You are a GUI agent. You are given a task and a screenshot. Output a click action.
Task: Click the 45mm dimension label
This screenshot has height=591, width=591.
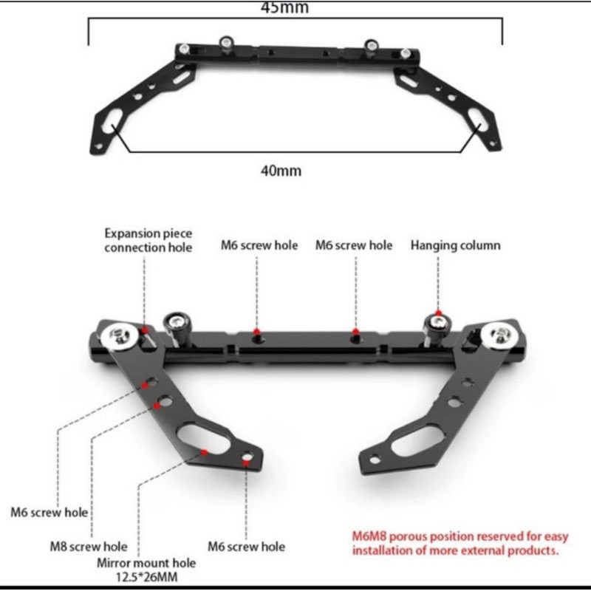(x=284, y=9)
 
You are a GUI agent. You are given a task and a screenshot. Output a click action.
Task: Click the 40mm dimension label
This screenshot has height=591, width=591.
(x=281, y=171)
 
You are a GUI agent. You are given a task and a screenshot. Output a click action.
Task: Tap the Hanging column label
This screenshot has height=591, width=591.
(x=455, y=245)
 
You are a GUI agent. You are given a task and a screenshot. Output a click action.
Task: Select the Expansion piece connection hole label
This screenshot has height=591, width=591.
(x=148, y=240)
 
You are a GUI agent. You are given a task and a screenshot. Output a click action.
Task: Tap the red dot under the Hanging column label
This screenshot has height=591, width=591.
(x=438, y=313)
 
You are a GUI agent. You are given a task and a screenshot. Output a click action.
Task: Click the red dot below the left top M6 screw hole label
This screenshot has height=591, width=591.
(x=256, y=331)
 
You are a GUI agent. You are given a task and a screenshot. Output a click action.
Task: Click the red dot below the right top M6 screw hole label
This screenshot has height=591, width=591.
(x=355, y=331)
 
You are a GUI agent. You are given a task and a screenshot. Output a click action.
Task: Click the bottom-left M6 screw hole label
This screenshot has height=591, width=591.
(x=49, y=512)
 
